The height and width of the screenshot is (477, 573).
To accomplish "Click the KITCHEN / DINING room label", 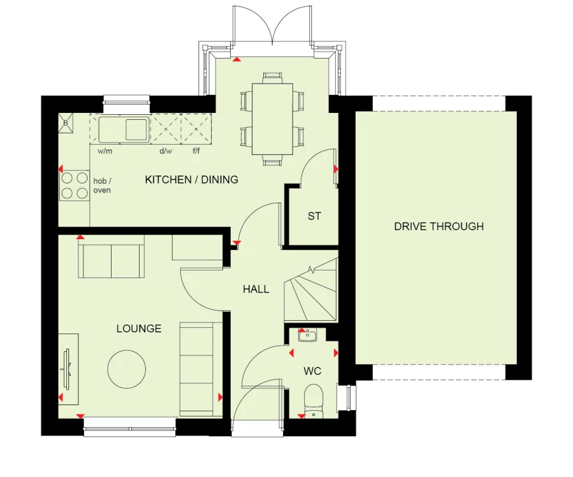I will point(191,180).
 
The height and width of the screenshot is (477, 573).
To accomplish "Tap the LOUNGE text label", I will point(138,329).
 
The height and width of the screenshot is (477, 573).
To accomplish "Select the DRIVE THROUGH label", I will point(439,226).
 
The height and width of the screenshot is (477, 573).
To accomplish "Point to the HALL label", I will point(256,290).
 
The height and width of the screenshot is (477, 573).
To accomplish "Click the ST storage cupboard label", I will point(314,217).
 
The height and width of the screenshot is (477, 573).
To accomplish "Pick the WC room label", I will point(312,371).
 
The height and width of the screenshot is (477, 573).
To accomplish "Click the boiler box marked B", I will point(66,124).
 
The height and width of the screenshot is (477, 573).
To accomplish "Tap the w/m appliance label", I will point(105,151).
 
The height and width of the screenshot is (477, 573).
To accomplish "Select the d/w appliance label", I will point(166,151).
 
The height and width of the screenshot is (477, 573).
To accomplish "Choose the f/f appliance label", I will point(196,151).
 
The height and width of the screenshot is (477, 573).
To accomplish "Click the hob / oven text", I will point(102,185).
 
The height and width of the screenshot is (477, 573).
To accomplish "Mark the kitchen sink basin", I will point(135,129).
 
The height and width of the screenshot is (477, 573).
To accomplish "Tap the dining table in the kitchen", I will point(272,119).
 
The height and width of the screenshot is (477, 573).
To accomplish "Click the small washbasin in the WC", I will point(307,335).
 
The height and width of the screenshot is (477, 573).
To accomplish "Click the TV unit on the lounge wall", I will point(68,369).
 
